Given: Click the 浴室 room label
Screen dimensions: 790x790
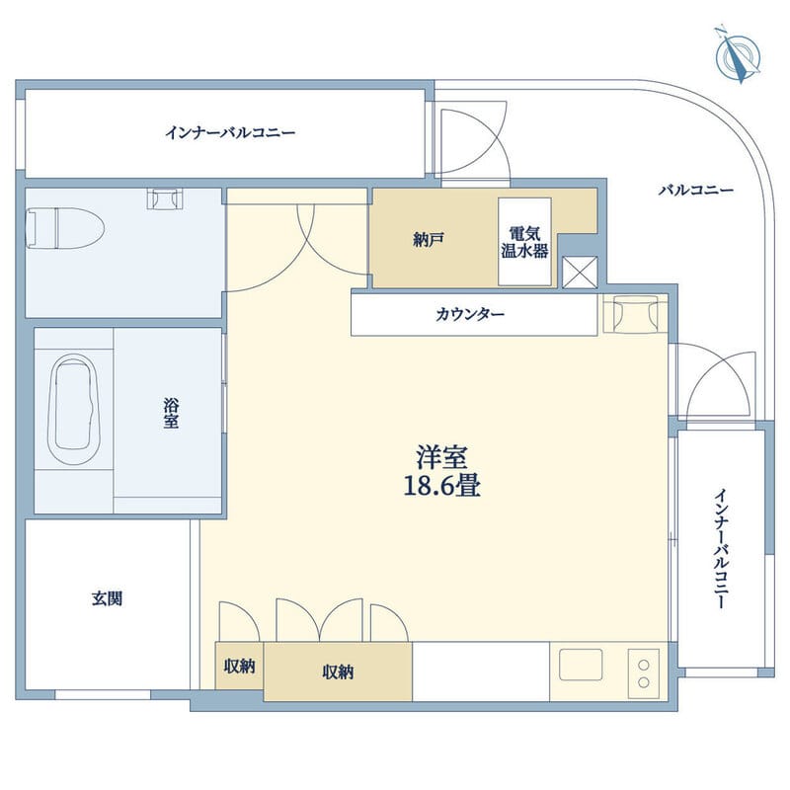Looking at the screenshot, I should coord(171,413).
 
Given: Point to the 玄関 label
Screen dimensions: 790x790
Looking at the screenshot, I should coord(108,597).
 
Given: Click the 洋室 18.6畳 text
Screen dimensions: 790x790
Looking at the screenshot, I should coord(440,471).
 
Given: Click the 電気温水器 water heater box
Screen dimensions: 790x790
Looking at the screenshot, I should coord(524,242).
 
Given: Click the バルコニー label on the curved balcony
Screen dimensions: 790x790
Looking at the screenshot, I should coord(696,191).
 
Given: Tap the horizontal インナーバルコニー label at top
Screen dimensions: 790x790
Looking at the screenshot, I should coord(230,132).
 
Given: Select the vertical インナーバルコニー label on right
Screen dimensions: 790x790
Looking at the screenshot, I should coord(722,547).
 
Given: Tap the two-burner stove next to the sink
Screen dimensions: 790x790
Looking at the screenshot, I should coord(644,672).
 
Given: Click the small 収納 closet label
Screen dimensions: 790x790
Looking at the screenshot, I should coord(239,667).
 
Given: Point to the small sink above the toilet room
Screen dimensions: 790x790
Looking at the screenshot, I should coord(165,198).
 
